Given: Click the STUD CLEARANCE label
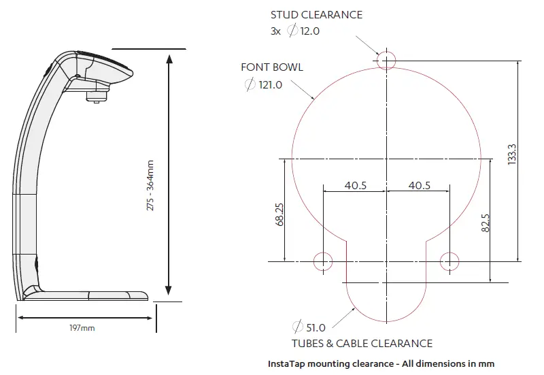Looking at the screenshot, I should pyautogui.click(x=316, y=14).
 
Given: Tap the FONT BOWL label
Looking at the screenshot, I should pyautogui.click(x=272, y=67).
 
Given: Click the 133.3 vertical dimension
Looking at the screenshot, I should pyautogui.click(x=512, y=154).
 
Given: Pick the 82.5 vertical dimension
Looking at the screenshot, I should pyautogui.click(x=485, y=224).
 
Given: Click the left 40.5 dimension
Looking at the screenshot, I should pyautogui.click(x=356, y=185).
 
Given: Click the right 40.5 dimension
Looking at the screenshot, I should pyautogui.click(x=418, y=185).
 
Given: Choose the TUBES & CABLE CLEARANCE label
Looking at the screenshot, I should pyautogui.click(x=362, y=344).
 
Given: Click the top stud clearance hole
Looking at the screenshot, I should pyautogui.click(x=386, y=60).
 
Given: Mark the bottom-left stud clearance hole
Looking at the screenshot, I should pyautogui.click(x=322, y=261).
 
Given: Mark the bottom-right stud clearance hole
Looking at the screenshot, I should pyautogui.click(x=449, y=261).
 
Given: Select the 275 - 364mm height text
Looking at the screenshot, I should pyautogui.click(x=150, y=184).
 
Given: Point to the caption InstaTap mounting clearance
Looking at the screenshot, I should pyautogui.click(x=381, y=363).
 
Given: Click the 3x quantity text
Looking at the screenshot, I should pyautogui.click(x=276, y=31).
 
